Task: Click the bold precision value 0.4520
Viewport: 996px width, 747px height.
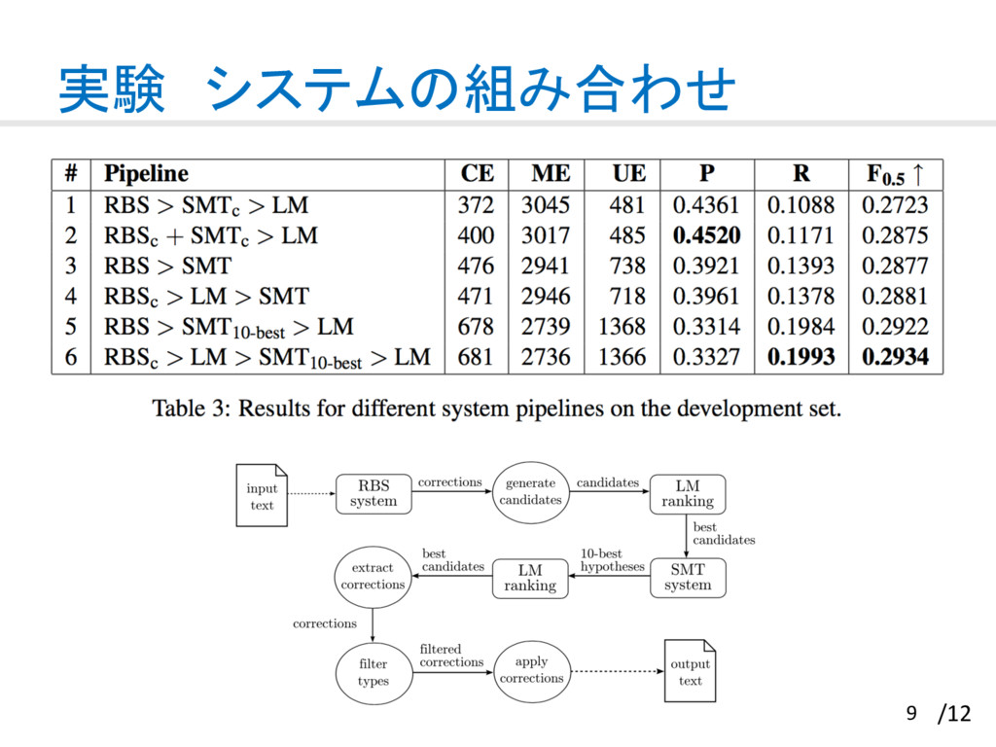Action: click(706, 235)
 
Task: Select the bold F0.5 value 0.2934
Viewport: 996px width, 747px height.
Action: click(895, 357)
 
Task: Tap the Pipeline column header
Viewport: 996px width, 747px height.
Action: click(146, 174)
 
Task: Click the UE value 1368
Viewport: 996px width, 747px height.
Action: click(622, 326)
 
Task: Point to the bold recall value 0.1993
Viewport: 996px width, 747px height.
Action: click(800, 357)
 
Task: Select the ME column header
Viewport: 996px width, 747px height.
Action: click(551, 174)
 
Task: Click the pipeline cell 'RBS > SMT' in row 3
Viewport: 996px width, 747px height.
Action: click(168, 266)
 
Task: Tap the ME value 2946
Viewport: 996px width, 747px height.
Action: click(546, 296)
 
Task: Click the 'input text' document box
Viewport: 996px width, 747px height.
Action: click(262, 496)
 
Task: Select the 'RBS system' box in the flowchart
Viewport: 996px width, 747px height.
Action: click(373, 493)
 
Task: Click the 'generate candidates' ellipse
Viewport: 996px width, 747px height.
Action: click(530, 491)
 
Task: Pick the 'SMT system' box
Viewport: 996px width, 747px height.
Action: click(688, 577)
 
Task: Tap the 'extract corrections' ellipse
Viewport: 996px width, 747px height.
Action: click(373, 576)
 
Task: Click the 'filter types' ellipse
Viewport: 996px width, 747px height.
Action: click(373, 672)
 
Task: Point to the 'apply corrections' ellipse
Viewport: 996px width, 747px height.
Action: click(531, 670)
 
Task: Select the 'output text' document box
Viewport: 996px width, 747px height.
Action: click(690, 672)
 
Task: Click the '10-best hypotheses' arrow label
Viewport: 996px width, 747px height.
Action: click(612, 560)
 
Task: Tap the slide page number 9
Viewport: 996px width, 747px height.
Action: click(911, 715)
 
